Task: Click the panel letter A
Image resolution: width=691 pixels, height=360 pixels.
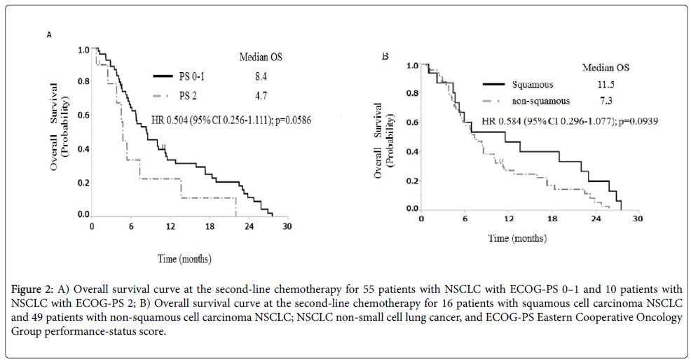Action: [49, 34]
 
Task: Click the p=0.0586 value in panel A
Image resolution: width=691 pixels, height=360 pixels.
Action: [289, 120]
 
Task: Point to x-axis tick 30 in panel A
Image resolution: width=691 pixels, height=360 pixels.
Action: [287, 226]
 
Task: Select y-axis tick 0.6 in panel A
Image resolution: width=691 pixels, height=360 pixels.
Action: [83, 116]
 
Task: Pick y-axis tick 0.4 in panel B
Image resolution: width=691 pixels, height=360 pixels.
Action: [413, 152]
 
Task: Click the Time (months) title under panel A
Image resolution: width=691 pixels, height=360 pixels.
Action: [184, 259]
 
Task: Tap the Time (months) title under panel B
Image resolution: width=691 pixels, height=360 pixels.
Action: [518, 239]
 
